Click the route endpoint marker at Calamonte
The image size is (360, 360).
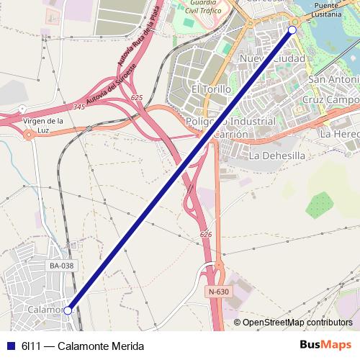(x=68, y=310)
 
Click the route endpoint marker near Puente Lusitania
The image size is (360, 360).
(x=292, y=30)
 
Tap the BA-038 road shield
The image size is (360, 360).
(x=61, y=266)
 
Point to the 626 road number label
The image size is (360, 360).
(x=206, y=235)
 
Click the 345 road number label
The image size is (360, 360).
(x=78, y=107)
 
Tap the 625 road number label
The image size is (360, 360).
(x=138, y=97)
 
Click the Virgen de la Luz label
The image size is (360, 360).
(x=44, y=125)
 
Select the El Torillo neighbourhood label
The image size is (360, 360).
(x=211, y=89)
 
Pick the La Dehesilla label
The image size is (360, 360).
(x=276, y=155)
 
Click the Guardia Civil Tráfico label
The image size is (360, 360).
(x=204, y=7)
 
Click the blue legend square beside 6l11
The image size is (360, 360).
(x=10, y=346)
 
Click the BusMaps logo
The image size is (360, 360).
(x=325, y=345)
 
